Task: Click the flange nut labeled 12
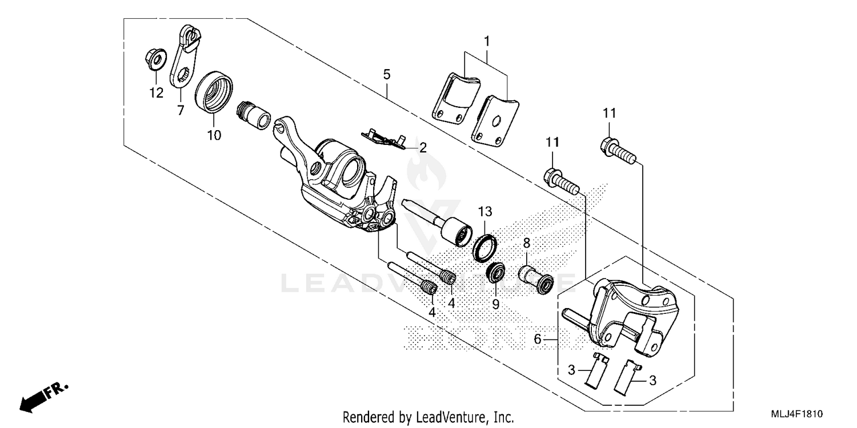coord(154,60)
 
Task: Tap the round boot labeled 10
coord(214,92)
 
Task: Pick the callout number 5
coord(387,74)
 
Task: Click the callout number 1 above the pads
coord(486,41)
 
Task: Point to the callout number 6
coord(537,339)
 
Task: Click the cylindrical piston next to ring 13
coord(455,231)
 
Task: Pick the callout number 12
coord(156,92)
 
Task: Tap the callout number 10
coord(214,135)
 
